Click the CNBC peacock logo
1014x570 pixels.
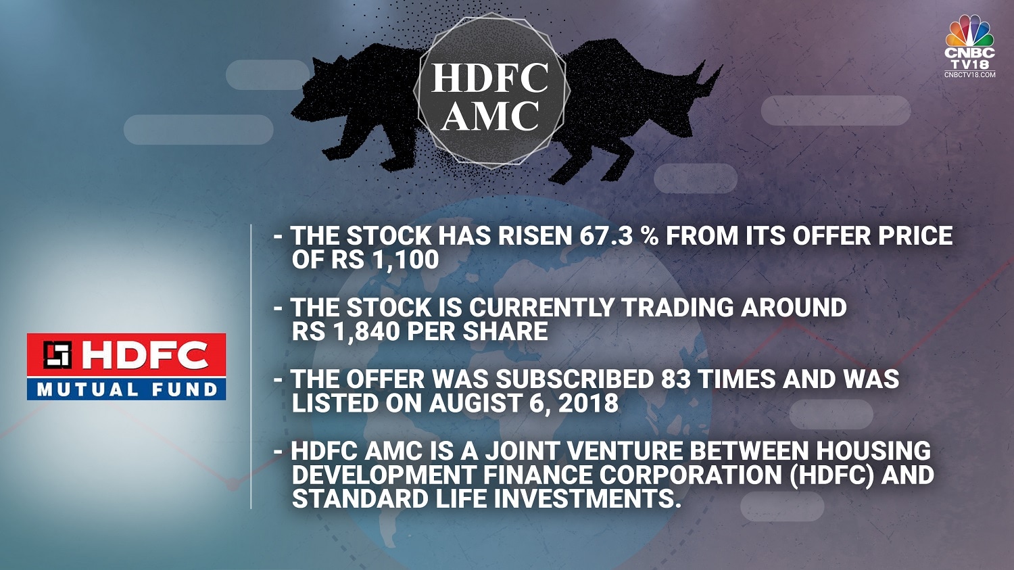pyautogui.click(x=969, y=31)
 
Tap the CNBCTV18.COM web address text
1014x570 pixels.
pyautogui.click(x=969, y=74)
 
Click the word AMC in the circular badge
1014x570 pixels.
pyautogui.click(x=491, y=116)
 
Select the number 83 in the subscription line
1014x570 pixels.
pyautogui.click(x=676, y=379)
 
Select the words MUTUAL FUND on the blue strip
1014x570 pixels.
pyautogui.click(x=127, y=389)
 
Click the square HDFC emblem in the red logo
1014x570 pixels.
pyautogui.click(x=57, y=354)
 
